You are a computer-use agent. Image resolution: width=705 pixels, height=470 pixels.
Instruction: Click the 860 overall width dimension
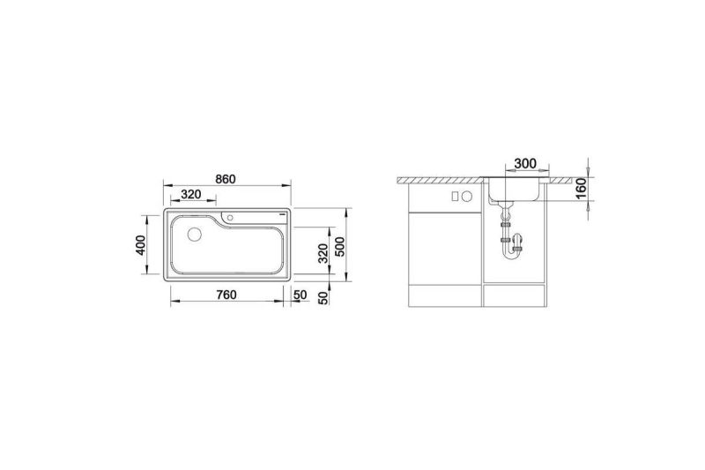[226, 179]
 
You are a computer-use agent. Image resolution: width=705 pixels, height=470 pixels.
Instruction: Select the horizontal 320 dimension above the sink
[190, 194]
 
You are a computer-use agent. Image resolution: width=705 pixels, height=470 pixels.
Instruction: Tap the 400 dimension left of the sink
[141, 245]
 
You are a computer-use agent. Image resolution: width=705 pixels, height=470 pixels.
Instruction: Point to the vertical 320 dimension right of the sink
[323, 254]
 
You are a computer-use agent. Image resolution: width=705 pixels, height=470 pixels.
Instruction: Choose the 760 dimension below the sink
[226, 295]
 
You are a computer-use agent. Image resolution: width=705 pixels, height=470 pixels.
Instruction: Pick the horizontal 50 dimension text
[300, 295]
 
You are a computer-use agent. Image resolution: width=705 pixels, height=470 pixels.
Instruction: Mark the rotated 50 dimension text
[323, 298]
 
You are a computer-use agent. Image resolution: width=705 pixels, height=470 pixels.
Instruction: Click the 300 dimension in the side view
[525, 163]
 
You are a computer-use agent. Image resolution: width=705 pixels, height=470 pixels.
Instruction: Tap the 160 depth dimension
[581, 188]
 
